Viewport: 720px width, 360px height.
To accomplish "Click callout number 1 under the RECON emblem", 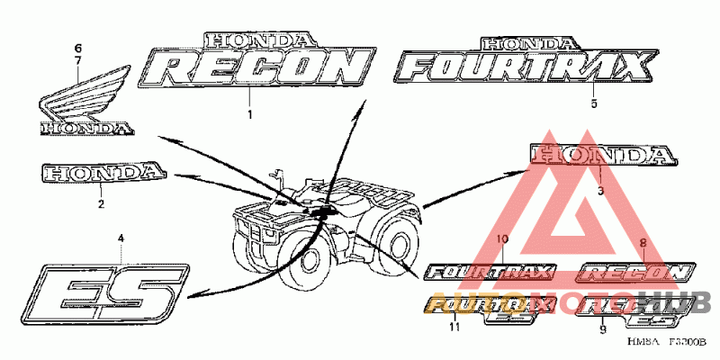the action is (250, 115).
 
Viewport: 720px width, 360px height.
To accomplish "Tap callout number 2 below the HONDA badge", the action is (101, 204).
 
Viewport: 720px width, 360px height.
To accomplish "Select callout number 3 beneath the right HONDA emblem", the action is (600, 191).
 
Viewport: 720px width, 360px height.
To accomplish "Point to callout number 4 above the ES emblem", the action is (122, 238).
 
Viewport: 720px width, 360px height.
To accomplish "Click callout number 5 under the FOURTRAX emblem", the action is (594, 104).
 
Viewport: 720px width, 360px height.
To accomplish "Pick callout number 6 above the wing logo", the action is (77, 47).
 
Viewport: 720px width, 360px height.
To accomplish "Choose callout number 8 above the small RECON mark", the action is (643, 243).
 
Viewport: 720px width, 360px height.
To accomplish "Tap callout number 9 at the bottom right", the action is (602, 329).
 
